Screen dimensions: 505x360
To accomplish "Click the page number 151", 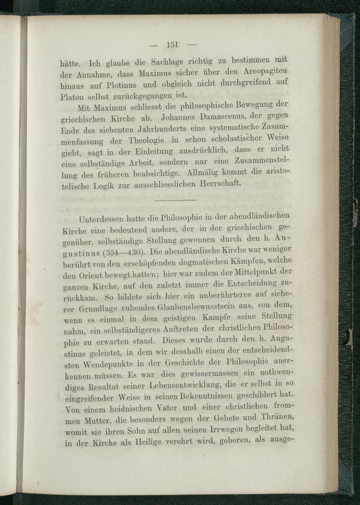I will pyautogui.click(x=172, y=45).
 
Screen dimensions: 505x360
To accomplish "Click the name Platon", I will pyautogui.click(x=72, y=97).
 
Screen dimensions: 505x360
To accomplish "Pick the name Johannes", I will pyautogui.click(x=179, y=117).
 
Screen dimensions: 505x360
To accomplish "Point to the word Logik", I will pyautogui.click(x=103, y=187).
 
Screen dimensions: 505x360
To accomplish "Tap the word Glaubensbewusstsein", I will pyautogui.click(x=197, y=307).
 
